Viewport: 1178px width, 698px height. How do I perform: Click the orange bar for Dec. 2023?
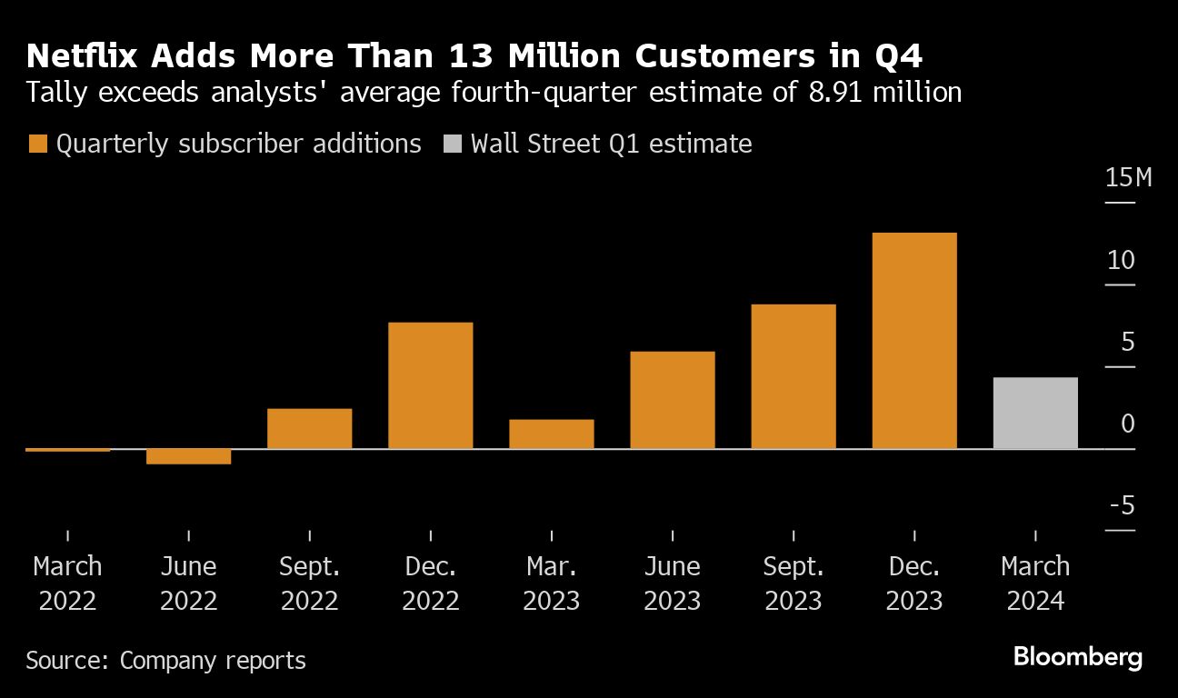pos(914,341)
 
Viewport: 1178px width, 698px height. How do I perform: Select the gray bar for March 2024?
pos(1035,413)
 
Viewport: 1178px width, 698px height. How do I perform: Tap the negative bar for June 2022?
pos(188,456)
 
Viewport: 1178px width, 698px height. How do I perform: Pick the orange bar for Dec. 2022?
pos(430,385)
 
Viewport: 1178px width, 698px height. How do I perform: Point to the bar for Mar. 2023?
pos(551,434)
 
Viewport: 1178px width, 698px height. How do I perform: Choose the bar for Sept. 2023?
pos(794,376)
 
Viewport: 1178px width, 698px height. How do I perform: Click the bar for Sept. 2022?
pos(309,428)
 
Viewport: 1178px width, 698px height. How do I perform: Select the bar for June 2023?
pos(673,400)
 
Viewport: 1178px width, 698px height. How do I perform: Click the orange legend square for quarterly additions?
pos(37,144)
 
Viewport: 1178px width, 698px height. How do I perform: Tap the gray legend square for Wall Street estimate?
pos(452,144)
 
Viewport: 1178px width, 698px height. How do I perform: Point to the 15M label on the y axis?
pos(1128,177)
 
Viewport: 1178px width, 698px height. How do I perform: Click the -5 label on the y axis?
pos(1121,505)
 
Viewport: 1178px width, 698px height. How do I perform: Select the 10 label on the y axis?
pos(1121,260)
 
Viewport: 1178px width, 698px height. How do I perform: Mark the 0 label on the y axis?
pos(1128,424)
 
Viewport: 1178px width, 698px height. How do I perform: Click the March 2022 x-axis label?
pos(67,583)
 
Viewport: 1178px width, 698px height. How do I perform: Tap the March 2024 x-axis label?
pos(1035,583)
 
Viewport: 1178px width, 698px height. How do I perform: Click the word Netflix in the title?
pos(83,57)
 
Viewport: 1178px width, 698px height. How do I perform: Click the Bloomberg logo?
pos(1077,658)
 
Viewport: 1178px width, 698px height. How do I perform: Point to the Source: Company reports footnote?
pos(165,660)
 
